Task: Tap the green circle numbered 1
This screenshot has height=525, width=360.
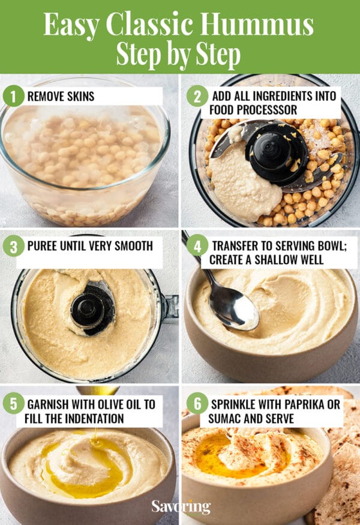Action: [x=13, y=96]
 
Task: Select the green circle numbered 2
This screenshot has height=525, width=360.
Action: [x=197, y=96]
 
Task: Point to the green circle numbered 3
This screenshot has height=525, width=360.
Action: [x=13, y=245]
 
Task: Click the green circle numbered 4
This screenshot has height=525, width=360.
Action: [x=197, y=245]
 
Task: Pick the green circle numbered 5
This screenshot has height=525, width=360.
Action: [x=13, y=403]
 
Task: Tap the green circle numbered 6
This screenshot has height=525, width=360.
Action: [x=197, y=403]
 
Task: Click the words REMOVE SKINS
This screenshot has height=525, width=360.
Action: [x=61, y=96]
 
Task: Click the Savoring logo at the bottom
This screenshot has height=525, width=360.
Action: [x=181, y=506]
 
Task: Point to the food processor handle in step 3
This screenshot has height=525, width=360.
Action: [x=170, y=306]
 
